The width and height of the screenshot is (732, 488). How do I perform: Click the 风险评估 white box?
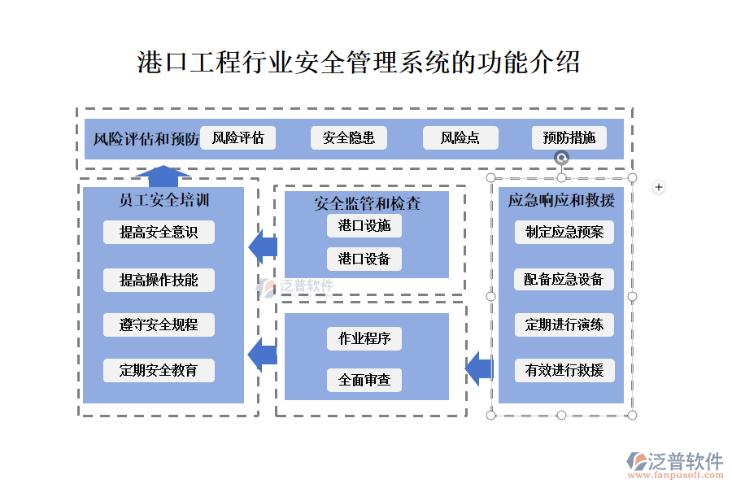pos(237,138)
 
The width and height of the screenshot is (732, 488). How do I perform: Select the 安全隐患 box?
pos(349,138)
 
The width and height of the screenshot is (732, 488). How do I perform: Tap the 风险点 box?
pos(460,138)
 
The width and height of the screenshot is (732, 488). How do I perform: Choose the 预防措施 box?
pos(569,138)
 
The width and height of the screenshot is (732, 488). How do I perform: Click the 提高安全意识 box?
pos(159,233)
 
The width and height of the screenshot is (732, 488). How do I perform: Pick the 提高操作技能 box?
pos(159,280)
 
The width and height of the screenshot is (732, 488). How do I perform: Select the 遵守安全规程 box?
pos(159,325)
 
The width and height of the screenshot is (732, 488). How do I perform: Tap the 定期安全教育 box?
pos(159,370)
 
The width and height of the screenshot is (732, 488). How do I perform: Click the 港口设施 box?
pos(364,226)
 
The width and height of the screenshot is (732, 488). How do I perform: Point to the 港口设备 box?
pos(364,259)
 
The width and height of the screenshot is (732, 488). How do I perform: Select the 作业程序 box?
pos(364,338)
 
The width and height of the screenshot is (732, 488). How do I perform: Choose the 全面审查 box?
pos(364,380)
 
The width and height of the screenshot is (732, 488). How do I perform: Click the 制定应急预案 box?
pos(564,232)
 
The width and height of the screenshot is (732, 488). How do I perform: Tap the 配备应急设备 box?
pos(564,280)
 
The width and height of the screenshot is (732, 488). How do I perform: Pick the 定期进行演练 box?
pos(564,325)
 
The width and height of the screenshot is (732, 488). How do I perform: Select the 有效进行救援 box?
pos(564,371)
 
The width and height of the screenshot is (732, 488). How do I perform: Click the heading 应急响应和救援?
pos(561,200)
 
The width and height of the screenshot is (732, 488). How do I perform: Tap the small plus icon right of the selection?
pos(659,188)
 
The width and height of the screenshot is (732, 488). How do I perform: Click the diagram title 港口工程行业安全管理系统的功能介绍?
pos(359,63)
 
